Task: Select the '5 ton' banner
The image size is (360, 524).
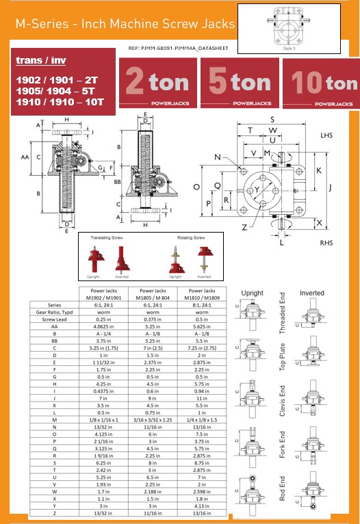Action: pos(239,84)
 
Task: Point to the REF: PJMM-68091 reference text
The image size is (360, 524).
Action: pos(180,49)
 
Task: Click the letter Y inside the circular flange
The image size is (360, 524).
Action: pos(257,189)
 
